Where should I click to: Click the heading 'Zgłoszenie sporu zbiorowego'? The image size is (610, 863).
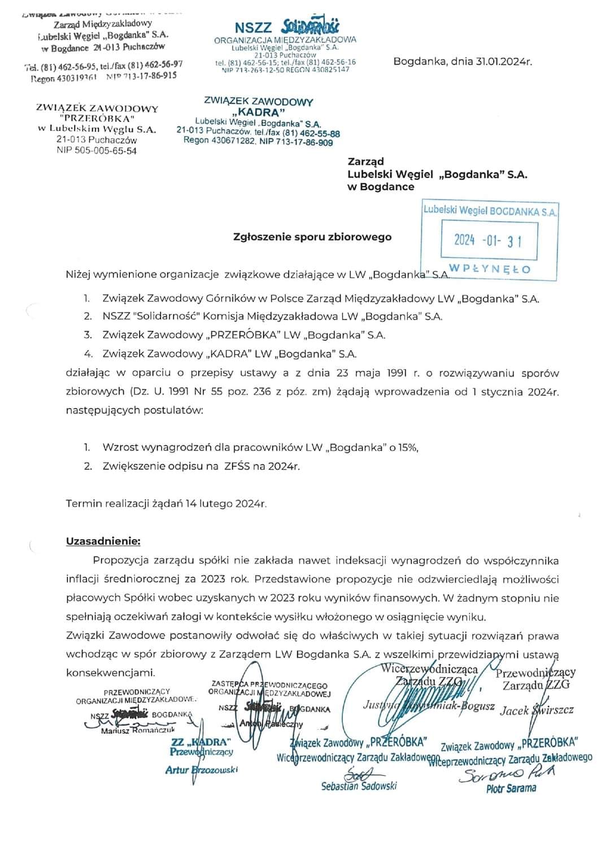pos(312,237)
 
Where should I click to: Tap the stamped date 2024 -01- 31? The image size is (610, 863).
pos(488,241)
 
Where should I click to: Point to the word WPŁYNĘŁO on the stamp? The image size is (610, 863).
pos(490,269)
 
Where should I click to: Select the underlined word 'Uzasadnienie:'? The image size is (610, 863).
pos(103,541)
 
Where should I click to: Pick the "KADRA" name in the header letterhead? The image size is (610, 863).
pos(258,112)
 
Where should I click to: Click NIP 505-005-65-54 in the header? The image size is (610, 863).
pos(97,151)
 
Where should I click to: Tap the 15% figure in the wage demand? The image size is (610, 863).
pos(408,448)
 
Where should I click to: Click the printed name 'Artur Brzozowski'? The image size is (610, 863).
pos(202,770)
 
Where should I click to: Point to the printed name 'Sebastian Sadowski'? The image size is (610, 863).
pos(359,786)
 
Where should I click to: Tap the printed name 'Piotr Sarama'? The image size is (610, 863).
pos(511,788)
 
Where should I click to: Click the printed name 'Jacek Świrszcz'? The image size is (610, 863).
pos(537,710)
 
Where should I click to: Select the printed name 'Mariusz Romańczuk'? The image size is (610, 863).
pos(138,731)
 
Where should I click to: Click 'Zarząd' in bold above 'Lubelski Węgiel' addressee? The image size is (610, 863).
pos(365,161)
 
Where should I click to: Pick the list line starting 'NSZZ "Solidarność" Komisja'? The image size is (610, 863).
pos(272,316)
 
